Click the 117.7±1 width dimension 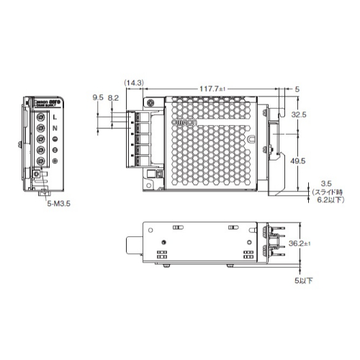coord(214,89)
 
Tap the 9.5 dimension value coord(99,96)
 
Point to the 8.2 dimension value coord(113,96)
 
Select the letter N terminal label coord(55,127)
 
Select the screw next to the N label coord(42,127)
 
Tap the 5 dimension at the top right coord(297,89)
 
